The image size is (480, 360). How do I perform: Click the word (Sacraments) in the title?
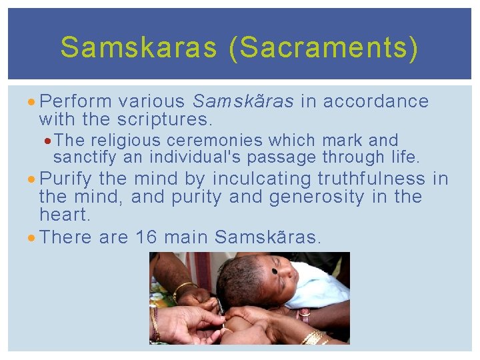click(x=324, y=47)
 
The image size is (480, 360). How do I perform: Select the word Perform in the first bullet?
click(x=75, y=101)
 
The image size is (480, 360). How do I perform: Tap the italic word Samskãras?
click(x=243, y=101)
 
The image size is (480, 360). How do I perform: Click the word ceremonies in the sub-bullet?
click(x=215, y=141)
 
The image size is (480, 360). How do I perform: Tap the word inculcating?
click(x=261, y=179)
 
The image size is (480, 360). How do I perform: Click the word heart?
click(x=64, y=215)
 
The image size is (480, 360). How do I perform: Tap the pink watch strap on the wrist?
click(x=304, y=314)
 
